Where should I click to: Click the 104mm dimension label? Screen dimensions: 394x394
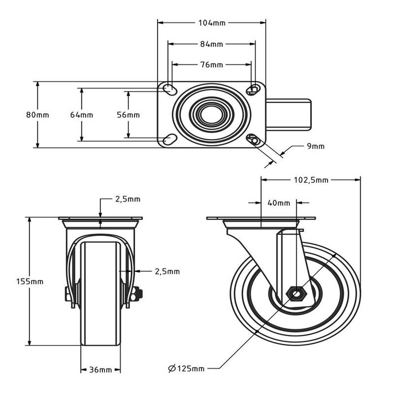coord(212,23)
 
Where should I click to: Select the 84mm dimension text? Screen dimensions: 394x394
coord(212,44)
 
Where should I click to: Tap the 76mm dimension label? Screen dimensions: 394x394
coord(212,65)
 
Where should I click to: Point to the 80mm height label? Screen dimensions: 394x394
coord(38,114)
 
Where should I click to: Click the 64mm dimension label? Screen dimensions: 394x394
coord(82,114)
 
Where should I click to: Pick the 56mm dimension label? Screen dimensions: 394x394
coord(128,114)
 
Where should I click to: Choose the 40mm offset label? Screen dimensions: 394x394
coord(279,203)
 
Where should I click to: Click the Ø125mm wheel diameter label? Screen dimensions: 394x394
coord(186,369)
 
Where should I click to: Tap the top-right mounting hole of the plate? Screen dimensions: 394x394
coord(254,88)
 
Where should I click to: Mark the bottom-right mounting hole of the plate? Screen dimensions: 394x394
coord(254,140)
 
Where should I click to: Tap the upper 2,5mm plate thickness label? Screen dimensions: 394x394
coord(128,199)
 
